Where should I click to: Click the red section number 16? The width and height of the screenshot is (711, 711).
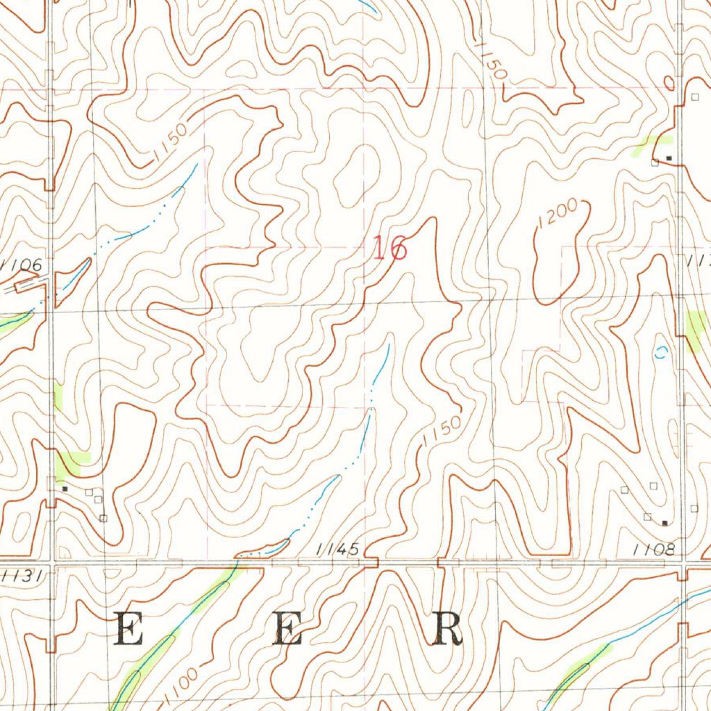[x=390, y=248]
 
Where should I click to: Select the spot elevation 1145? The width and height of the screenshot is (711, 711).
[x=337, y=550]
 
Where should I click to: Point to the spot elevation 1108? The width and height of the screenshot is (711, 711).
[x=654, y=550]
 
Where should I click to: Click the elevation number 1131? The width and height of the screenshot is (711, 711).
[x=22, y=575]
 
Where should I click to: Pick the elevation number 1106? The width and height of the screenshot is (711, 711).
[x=22, y=265]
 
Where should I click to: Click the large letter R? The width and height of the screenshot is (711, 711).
[x=448, y=630]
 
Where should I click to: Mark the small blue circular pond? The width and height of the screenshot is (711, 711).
[x=662, y=352]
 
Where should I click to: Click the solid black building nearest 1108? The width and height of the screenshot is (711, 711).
[x=664, y=522]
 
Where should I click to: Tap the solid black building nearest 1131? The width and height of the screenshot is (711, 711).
[x=65, y=489]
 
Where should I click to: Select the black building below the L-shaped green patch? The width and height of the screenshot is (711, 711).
[x=669, y=158]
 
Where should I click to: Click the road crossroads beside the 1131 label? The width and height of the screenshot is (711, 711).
[x=53, y=561]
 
